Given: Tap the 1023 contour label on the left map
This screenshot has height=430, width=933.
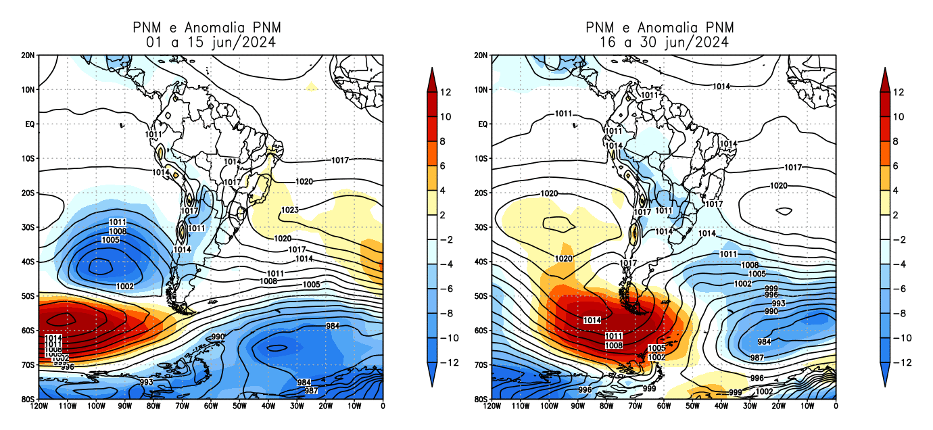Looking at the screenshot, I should coord(289,210).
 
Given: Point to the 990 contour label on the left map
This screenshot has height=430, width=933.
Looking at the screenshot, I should coord(218,337).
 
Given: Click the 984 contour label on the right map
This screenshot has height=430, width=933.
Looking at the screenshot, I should coord(764,342).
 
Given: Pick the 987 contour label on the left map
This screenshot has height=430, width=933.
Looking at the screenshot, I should coord(311,391).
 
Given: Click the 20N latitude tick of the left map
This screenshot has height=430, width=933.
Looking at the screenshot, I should coord(28,55).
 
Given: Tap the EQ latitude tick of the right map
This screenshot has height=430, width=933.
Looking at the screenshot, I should coord(483,124).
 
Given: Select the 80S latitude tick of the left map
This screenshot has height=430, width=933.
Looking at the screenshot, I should coord(28,400).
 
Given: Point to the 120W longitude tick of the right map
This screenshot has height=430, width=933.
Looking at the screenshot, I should coord(492,406).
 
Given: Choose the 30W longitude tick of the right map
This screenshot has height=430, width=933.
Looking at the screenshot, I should coord(750,406).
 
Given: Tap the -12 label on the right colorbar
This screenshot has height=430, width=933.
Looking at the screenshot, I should coord(897,362).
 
